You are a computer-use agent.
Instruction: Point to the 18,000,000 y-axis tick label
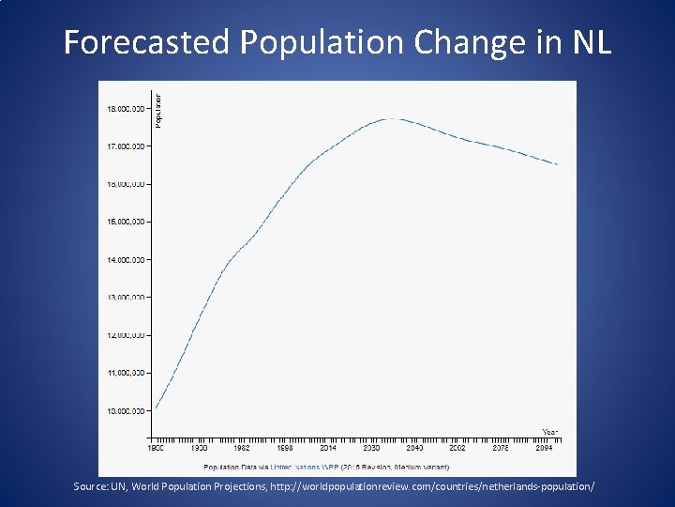tap(125, 109)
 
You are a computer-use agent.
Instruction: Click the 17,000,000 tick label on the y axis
tap(125, 146)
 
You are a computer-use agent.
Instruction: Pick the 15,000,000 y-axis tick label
tap(125, 223)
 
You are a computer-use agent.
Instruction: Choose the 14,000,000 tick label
tap(125, 260)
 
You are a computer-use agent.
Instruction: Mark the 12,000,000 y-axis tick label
tap(125, 335)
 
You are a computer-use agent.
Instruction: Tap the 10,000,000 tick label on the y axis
tap(125, 411)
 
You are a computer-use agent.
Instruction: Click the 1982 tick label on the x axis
tap(242, 449)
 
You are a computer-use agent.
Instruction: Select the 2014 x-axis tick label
tap(328, 449)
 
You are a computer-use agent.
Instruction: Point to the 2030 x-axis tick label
tap(371, 449)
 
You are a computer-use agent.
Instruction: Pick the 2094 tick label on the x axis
tap(544, 449)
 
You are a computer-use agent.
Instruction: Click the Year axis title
tap(550, 431)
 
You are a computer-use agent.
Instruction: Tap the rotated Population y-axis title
tap(157, 111)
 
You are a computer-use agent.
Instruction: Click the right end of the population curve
tap(557, 164)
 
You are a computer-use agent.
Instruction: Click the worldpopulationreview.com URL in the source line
tap(432, 487)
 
